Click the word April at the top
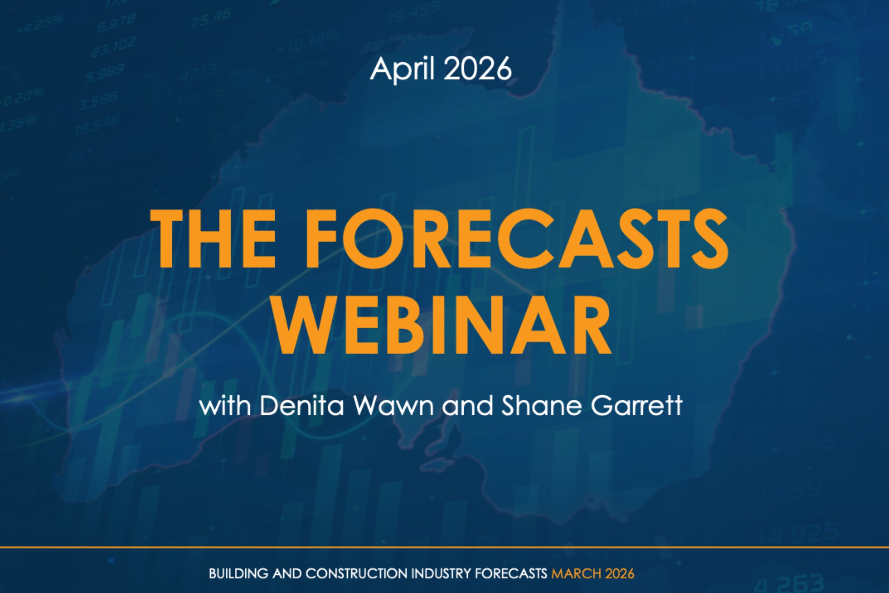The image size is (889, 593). [x=402, y=69]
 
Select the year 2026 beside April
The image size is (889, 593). [x=477, y=69]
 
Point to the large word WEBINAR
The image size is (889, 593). [x=442, y=325]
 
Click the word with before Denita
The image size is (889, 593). [x=225, y=406]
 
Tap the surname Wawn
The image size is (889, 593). [x=393, y=406]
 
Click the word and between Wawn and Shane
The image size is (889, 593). [x=467, y=406]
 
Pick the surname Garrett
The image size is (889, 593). [x=637, y=406]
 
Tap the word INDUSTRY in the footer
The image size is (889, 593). [x=441, y=574]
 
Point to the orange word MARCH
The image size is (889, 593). [x=576, y=574]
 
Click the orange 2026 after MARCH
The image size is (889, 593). [x=620, y=574]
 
